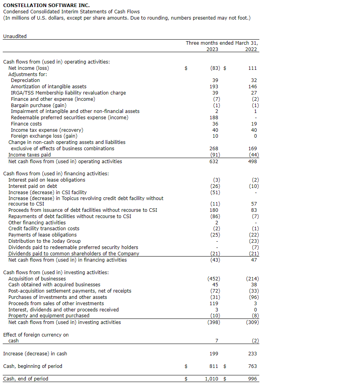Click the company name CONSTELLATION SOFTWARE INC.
coord(46,5)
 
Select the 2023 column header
coord(212,49)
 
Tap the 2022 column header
coord(251,49)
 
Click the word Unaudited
coord(15,36)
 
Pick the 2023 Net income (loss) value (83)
coord(215,68)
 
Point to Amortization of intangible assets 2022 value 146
coord(253,87)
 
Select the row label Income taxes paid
coord(29,155)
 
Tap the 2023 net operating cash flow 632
coord(214,162)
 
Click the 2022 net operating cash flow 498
coord(253,162)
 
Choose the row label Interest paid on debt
coord(33,186)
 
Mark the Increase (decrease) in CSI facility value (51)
coord(215,193)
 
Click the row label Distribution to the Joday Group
coord(44,241)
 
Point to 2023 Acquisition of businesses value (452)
coord(213,279)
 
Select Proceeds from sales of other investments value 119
coord(214,304)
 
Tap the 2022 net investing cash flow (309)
coord(252,322)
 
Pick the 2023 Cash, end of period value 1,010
coord(212,379)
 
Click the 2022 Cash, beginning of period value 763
coord(253,366)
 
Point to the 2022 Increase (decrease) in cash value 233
coord(253,354)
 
